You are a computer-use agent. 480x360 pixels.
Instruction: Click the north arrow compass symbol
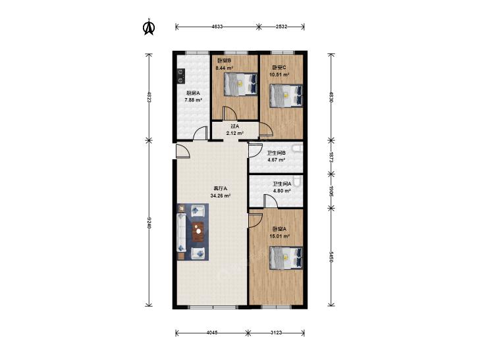click(x=149, y=27)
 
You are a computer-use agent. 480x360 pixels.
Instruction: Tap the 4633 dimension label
click(x=217, y=26)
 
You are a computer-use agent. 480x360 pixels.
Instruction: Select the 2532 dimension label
click(x=281, y=26)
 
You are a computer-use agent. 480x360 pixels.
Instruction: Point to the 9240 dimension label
click(x=149, y=223)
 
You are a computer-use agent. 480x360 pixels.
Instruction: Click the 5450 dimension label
click(x=331, y=257)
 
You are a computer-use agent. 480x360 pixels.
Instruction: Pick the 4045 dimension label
click(x=212, y=332)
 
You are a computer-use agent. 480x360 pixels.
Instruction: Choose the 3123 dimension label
click(x=277, y=332)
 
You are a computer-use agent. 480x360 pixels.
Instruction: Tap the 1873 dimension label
click(x=331, y=157)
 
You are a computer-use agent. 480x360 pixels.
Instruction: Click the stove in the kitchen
click(x=181, y=76)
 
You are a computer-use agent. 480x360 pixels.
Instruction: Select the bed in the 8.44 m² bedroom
click(x=240, y=84)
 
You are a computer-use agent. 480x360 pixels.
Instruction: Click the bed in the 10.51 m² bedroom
click(x=286, y=96)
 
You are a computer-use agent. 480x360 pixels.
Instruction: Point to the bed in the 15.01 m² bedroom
click(x=286, y=258)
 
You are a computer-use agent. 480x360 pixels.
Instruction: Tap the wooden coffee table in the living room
click(x=198, y=233)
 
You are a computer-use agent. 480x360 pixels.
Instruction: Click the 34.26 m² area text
click(x=221, y=195)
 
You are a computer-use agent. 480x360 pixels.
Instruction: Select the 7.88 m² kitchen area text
click(x=193, y=100)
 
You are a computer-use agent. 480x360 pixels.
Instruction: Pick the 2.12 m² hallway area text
click(x=235, y=133)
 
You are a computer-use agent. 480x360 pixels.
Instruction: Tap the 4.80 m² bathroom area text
click(x=282, y=191)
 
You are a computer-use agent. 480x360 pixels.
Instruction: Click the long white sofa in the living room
click(x=182, y=232)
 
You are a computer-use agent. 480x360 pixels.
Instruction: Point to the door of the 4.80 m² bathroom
click(x=271, y=203)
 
